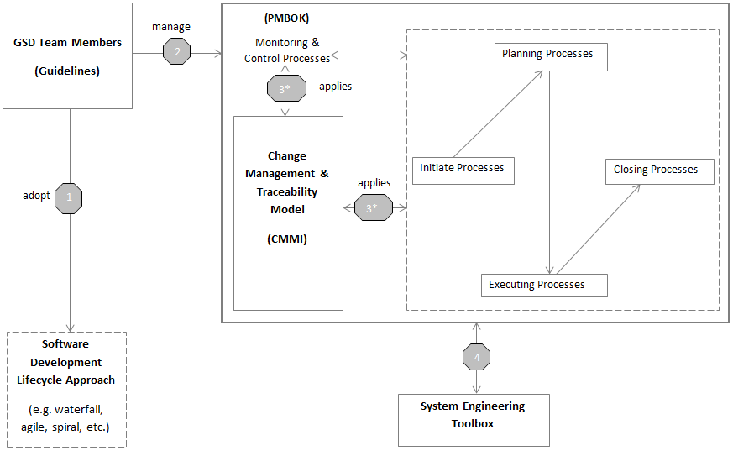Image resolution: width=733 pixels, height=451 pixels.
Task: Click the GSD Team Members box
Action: coord(67,56)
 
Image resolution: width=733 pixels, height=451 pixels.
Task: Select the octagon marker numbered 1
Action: coord(68,198)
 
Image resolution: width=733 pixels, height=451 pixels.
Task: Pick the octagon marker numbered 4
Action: coord(476,357)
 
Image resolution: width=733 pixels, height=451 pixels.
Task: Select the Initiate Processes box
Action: coord(463,170)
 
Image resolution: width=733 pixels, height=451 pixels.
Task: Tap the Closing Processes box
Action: coord(659,170)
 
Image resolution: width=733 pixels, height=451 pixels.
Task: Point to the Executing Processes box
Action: coord(543,286)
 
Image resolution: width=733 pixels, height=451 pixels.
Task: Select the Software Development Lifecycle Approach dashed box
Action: coord(66,389)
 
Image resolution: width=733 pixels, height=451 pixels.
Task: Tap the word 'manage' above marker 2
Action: coord(171,27)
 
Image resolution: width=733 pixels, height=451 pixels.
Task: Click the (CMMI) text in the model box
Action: coord(287,239)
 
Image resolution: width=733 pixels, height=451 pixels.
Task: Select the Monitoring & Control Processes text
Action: coord(287,50)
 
